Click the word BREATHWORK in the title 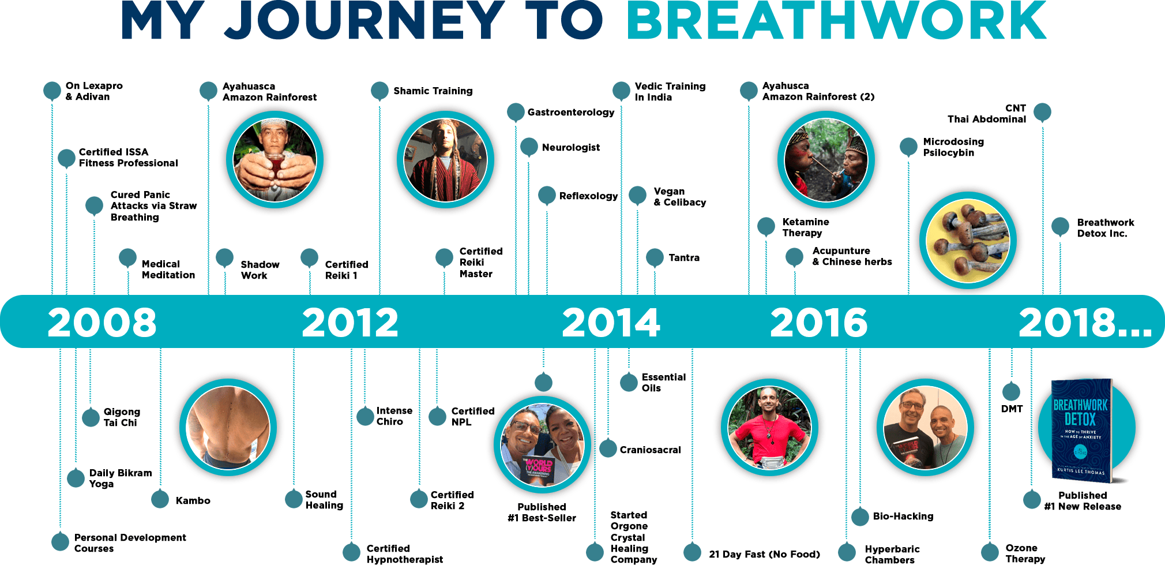coord(836,21)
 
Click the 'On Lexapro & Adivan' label coord(94,91)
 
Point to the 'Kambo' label coord(193,500)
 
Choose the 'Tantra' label coord(684,257)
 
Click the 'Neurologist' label coord(571,147)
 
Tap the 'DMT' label coord(1012,409)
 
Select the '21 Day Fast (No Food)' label coord(764,554)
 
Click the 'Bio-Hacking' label coord(903,516)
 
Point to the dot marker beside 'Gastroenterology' coord(516,112)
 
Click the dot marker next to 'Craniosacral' coord(608,448)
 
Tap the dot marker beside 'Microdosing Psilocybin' coord(908,147)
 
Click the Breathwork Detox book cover coord(1081,430)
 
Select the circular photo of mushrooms coord(968,240)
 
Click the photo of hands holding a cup coord(275,160)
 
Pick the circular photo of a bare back coord(228,427)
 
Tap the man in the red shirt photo coord(770,427)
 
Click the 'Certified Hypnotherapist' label coord(405,553)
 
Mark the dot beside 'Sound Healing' coord(294,499)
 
